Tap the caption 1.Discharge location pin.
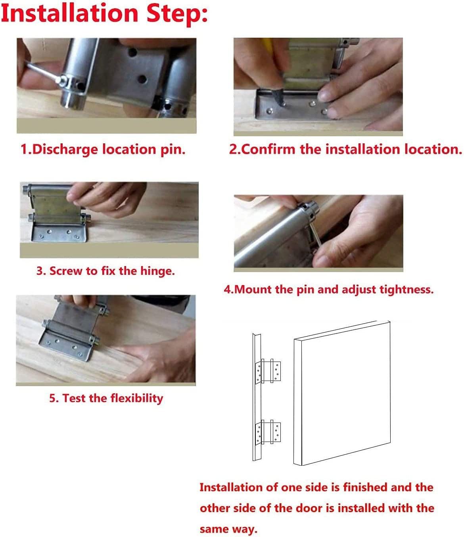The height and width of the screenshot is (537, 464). pyautogui.click(x=103, y=149)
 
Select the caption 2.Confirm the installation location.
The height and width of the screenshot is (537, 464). pyautogui.click(x=345, y=149)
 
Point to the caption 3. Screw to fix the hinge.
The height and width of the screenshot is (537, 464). pyautogui.click(x=105, y=271)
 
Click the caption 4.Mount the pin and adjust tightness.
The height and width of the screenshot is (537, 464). pyautogui.click(x=328, y=289)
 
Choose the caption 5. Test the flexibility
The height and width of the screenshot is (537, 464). pyautogui.click(x=106, y=398)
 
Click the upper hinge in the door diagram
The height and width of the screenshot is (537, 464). pyautogui.click(x=269, y=371)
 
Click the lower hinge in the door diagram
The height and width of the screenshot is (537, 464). pyautogui.click(x=269, y=432)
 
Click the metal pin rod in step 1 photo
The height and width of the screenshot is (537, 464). pyautogui.click(x=42, y=72)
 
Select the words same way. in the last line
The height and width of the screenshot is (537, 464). pyautogui.click(x=228, y=529)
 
